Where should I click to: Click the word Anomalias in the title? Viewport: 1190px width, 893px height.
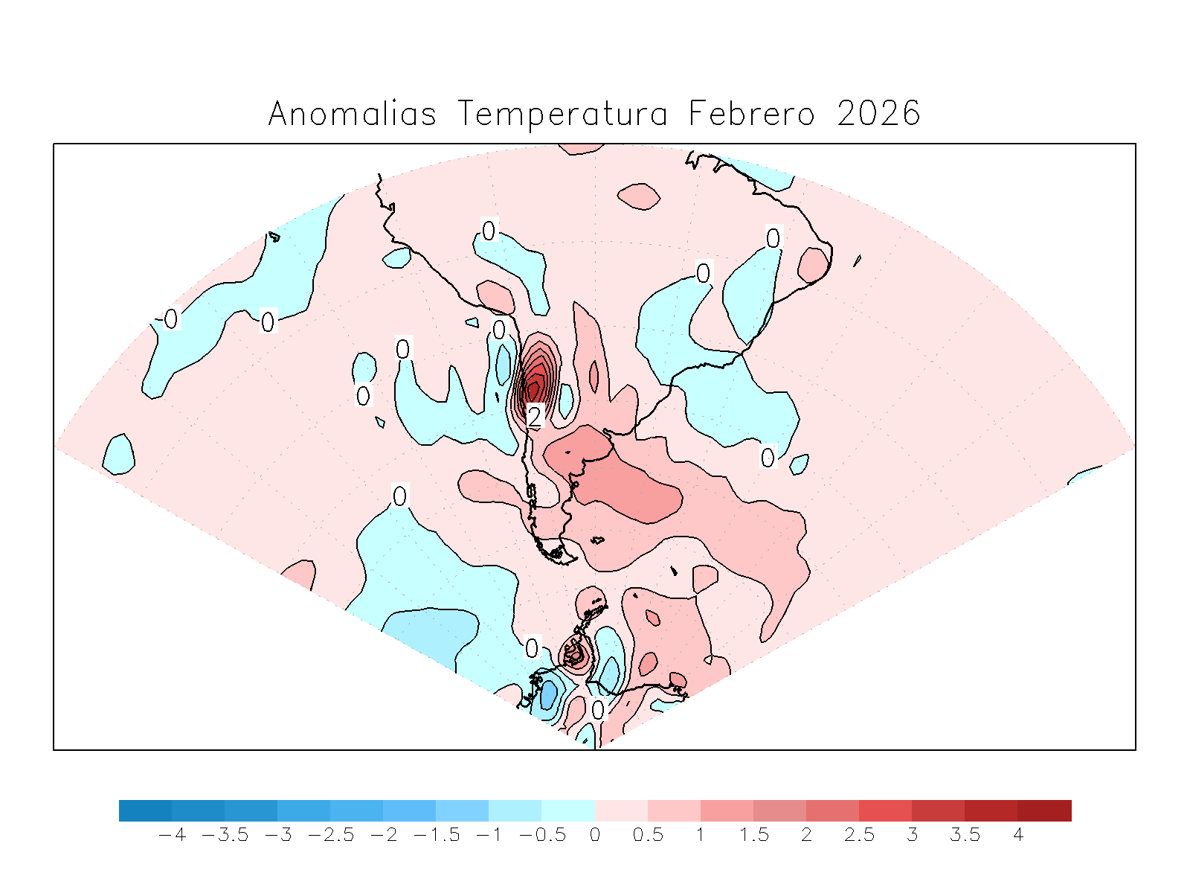(x=352, y=114)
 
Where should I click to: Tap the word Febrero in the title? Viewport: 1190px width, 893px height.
(x=751, y=114)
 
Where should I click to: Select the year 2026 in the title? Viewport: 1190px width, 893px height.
(x=878, y=114)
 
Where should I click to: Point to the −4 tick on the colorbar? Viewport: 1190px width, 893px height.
(x=173, y=835)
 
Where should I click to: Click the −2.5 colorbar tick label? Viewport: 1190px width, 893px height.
(x=331, y=835)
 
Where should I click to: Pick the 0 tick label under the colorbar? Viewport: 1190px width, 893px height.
(x=595, y=835)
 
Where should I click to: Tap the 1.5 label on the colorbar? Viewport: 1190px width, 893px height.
(x=753, y=835)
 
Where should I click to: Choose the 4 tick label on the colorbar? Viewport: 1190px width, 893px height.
(x=1018, y=835)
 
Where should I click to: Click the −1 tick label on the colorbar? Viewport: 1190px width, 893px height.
(x=489, y=835)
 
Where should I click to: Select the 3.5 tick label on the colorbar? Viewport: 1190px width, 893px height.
(x=965, y=835)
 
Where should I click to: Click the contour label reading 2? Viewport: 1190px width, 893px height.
(x=534, y=416)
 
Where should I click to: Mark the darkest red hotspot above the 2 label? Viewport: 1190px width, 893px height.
(x=533, y=387)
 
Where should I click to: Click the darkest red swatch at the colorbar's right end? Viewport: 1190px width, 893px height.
(x=1045, y=810)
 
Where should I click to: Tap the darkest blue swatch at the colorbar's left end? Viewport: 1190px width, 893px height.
(x=145, y=810)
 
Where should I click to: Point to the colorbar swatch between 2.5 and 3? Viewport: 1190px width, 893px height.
(x=886, y=810)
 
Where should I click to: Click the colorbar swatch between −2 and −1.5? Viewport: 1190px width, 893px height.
(x=410, y=810)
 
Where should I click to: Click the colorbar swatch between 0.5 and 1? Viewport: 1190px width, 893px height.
(x=674, y=810)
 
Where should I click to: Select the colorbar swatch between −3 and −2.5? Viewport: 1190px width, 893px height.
(x=303, y=810)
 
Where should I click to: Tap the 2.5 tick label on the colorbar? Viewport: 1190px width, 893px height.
(x=859, y=835)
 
